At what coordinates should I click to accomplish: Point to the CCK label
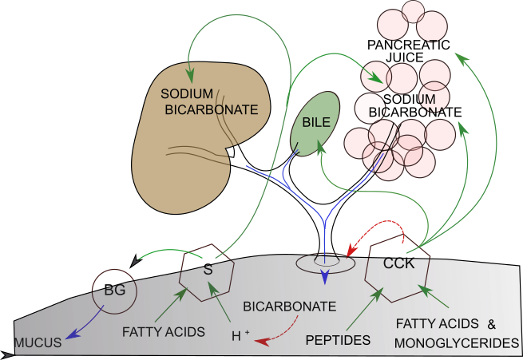click(398, 263)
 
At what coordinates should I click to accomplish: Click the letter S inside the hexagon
click(208, 270)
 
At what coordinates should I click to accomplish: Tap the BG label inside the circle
click(115, 291)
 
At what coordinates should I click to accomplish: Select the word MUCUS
click(38, 343)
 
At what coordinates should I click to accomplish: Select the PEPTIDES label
click(339, 341)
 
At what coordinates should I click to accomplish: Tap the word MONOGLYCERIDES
click(457, 342)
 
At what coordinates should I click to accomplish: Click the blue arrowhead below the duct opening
click(325, 277)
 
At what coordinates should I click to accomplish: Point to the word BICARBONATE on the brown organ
click(212, 109)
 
